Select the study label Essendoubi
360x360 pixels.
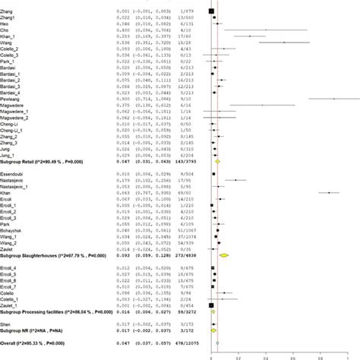click(14, 173)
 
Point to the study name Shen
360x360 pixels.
click(8, 302)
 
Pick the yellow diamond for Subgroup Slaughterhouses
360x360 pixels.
click(224, 255)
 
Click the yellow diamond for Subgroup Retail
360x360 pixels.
click(218, 162)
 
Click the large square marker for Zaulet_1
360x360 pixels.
click(211, 284)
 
